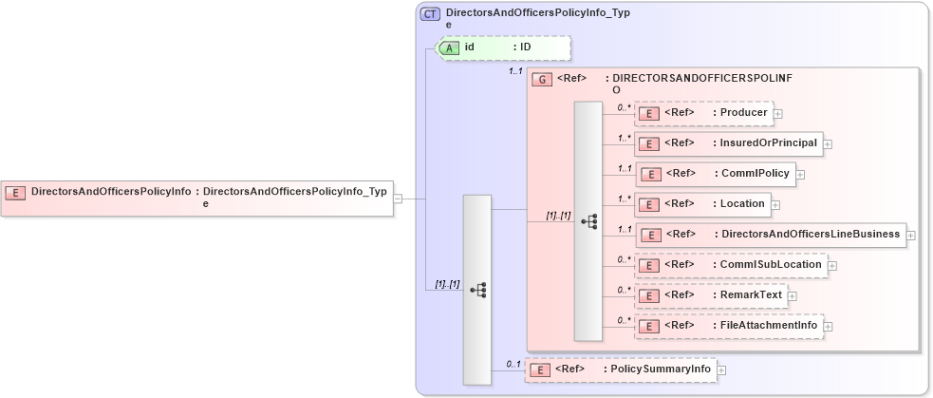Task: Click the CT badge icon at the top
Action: point(430,14)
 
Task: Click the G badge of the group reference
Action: point(542,79)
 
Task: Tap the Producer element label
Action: point(743,113)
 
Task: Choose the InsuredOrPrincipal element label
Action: point(764,142)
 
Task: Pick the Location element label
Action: point(742,203)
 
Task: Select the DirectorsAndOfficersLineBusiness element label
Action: point(810,234)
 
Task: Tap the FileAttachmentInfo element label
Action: point(765,325)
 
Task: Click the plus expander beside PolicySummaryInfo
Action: point(721,370)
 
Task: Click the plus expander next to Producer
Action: point(778,113)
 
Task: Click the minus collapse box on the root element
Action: point(399,198)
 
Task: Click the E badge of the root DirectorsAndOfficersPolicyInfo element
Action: point(16,192)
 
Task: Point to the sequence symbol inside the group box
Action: point(588,220)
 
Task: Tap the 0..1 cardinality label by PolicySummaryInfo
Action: point(513,364)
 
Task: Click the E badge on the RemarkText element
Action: point(650,295)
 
